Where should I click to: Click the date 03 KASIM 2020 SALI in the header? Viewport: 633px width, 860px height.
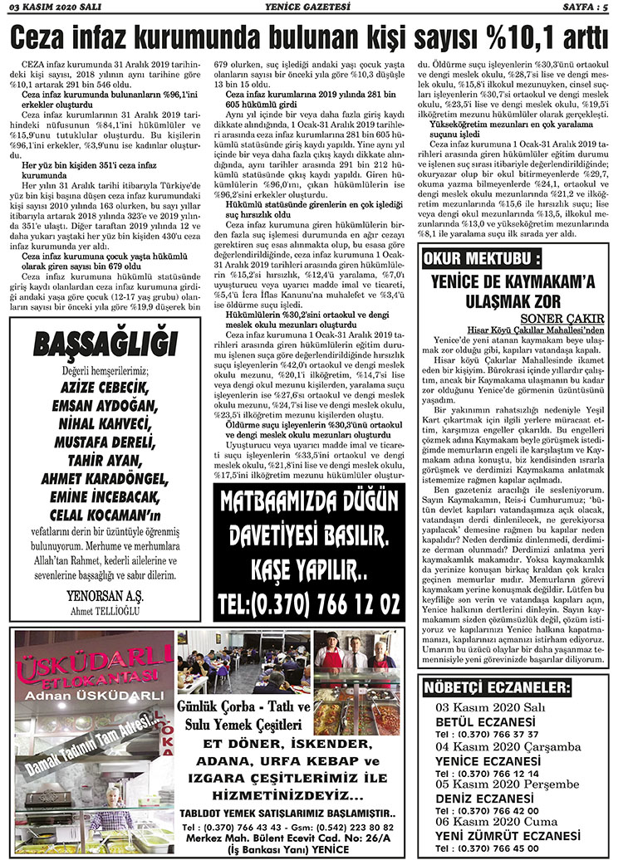coord(52,7)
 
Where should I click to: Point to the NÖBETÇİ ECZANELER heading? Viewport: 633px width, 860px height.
coord(497,688)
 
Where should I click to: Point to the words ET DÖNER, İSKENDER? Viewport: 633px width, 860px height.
coord(287,743)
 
